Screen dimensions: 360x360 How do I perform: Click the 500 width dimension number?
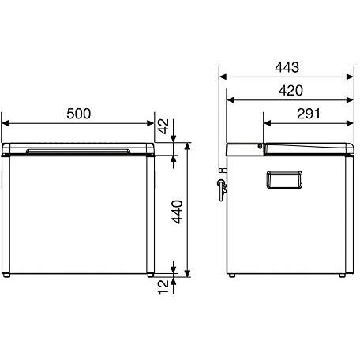(79, 114)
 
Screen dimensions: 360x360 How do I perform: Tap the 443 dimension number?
(287, 67)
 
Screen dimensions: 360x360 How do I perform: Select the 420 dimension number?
(291, 91)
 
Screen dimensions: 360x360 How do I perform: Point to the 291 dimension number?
(309, 114)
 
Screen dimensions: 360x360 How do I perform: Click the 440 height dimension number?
(177, 212)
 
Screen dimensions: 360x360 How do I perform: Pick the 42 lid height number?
(163, 126)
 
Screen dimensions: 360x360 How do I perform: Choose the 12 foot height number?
(163, 287)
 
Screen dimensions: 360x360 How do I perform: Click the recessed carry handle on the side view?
(284, 180)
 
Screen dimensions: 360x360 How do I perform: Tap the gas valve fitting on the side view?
(222, 189)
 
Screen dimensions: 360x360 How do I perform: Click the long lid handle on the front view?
(78, 151)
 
